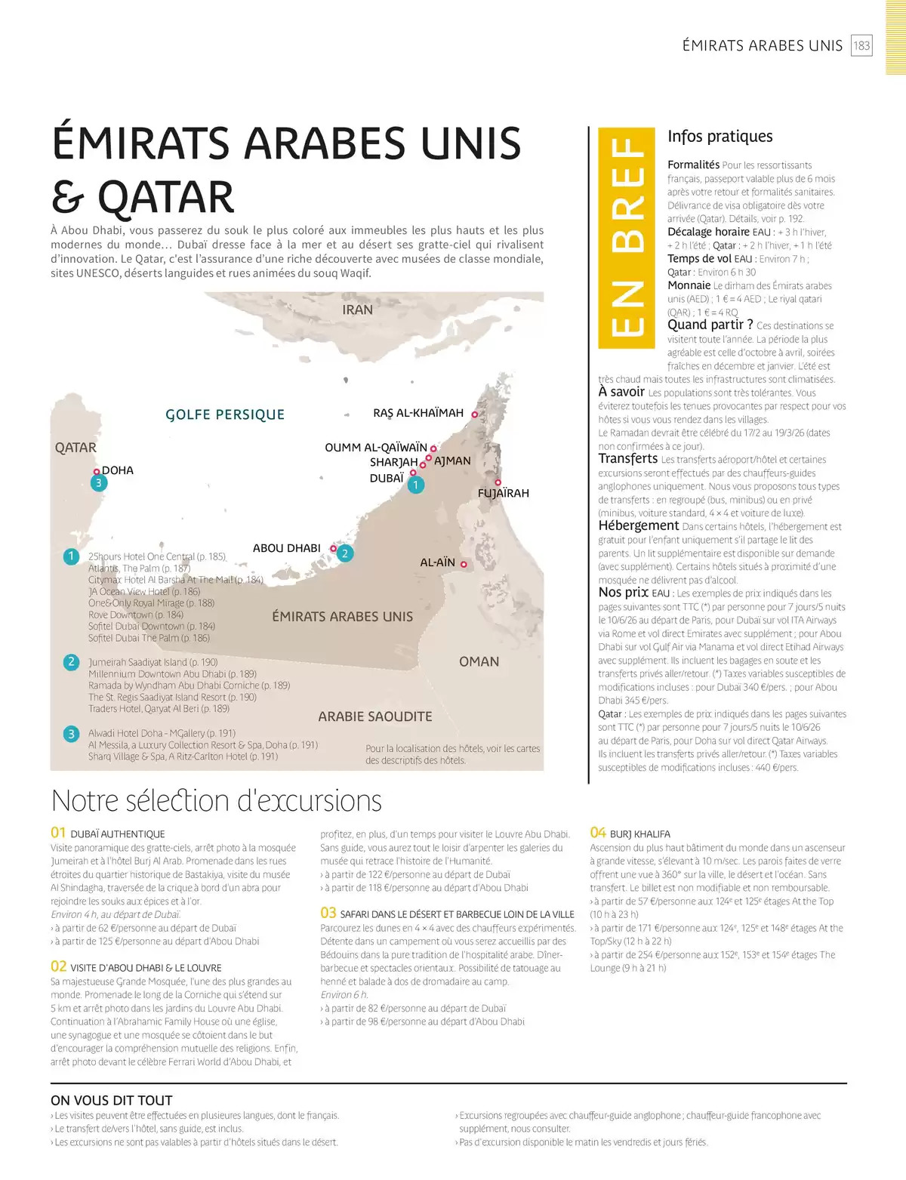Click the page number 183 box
pyautogui.click(x=861, y=45)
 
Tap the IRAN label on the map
pyautogui.click(x=357, y=310)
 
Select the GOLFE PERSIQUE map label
pyautogui.click(x=225, y=414)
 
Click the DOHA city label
pyautogui.click(x=118, y=470)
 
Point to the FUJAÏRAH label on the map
pyautogui.click(x=504, y=493)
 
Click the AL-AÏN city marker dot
pyautogui.click(x=464, y=564)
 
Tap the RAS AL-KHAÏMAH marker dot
pyautogui.click(x=475, y=414)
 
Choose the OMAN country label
pyautogui.click(x=479, y=661)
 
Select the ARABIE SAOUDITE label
pyautogui.click(x=375, y=716)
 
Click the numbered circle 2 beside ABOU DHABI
pyautogui.click(x=344, y=553)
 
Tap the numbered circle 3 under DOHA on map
pyautogui.click(x=97, y=483)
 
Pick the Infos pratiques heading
pyautogui.click(x=720, y=137)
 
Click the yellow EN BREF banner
pyautogui.click(x=626, y=238)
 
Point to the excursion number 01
pyautogui.click(x=58, y=833)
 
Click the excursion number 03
pyautogui.click(x=328, y=913)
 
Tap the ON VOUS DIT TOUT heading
pyautogui.click(x=112, y=1101)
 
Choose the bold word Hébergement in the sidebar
pyautogui.click(x=639, y=525)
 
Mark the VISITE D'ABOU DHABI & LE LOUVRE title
pyautogui.click(x=146, y=967)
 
